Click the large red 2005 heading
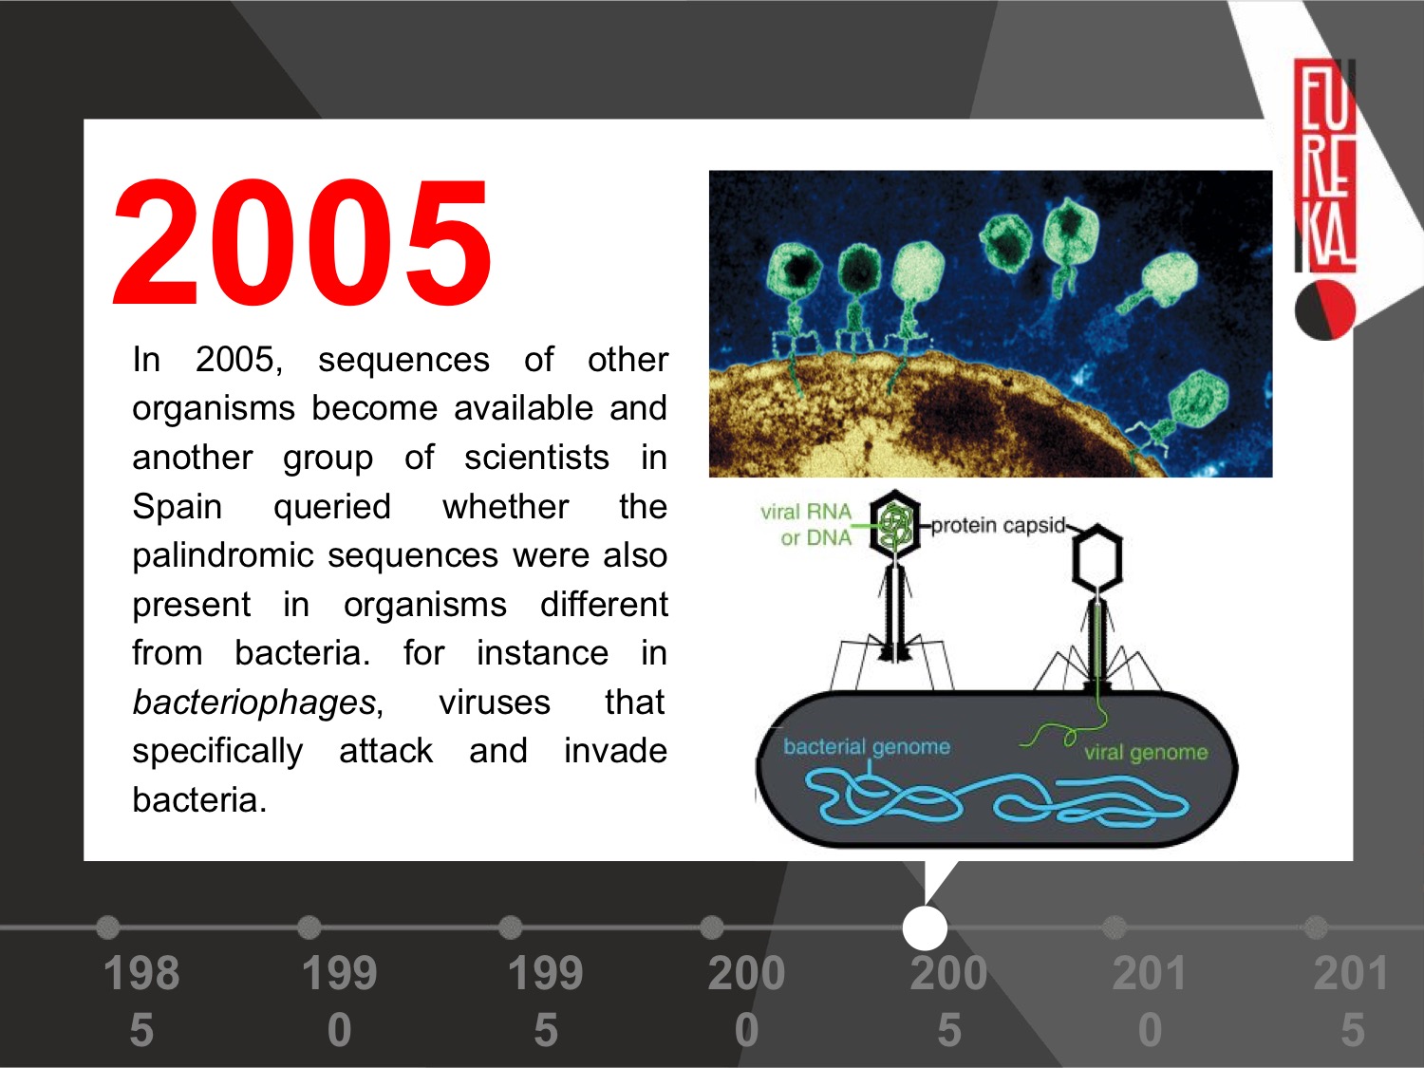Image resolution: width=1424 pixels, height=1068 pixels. point(302,241)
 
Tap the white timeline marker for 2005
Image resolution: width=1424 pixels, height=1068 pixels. point(925,927)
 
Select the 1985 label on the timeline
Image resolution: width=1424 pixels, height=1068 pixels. point(141,1001)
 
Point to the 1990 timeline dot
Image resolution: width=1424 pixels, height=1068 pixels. point(309,927)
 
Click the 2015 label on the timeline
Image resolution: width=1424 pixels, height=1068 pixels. point(1351,1001)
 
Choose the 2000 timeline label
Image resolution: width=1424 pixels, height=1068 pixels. point(747,1001)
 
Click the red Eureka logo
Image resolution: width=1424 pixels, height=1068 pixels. point(1325,165)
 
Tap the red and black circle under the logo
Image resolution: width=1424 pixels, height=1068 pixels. point(1325,310)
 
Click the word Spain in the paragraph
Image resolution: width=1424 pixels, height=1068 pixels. point(178,506)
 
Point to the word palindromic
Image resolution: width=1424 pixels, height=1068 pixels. point(223,556)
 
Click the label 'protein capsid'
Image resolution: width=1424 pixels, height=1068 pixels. point(999,526)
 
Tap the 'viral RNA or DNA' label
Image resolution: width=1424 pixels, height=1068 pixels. point(806,525)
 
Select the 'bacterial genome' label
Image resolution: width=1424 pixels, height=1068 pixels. point(867,748)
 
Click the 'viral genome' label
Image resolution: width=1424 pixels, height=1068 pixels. point(1146,752)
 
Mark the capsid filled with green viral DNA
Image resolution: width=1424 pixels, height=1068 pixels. point(895,523)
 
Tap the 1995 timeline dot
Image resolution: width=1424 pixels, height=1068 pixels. point(511,927)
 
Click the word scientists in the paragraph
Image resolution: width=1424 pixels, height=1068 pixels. point(536,458)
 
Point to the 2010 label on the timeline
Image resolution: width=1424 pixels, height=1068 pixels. point(1150,1001)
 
